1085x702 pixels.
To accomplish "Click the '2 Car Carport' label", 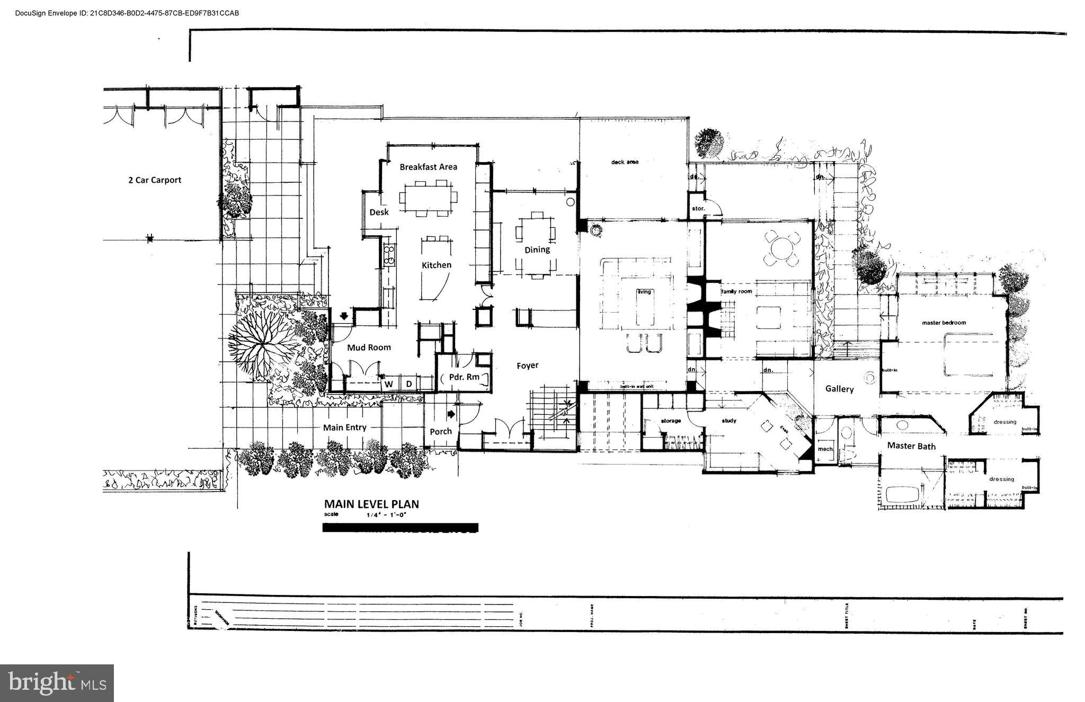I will tap(155, 180).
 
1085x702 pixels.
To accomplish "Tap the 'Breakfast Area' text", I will tap(428, 167).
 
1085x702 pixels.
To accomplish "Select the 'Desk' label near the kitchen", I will tap(379, 212).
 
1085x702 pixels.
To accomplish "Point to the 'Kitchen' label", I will tap(436, 265).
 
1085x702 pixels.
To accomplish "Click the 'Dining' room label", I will tap(537, 250).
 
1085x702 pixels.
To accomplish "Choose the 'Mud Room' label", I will tap(369, 348).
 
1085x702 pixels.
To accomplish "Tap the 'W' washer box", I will tap(388, 384).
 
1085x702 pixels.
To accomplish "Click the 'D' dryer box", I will tap(409, 384).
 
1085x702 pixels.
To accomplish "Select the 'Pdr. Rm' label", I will tap(464, 377).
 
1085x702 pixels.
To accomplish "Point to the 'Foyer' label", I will tap(527, 366).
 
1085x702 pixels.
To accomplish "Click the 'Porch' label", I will tap(440, 431).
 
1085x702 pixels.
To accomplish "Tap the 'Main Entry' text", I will tap(344, 428).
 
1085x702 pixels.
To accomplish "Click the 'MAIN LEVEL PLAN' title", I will tap(371, 504).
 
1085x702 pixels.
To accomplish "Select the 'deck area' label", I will tap(624, 162).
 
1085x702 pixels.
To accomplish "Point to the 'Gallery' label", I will tap(839, 389).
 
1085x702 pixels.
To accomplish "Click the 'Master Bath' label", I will tap(911, 446).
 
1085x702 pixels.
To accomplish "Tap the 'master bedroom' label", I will tap(944, 323).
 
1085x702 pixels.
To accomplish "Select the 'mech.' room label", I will tap(825, 449).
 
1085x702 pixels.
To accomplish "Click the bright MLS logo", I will tap(57, 683).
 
